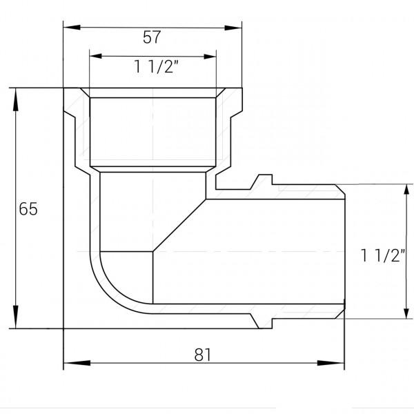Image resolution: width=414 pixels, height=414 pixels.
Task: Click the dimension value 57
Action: [152, 37]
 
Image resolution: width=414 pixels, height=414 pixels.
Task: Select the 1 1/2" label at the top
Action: [153, 66]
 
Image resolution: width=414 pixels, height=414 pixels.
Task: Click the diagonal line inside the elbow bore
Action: [178, 226]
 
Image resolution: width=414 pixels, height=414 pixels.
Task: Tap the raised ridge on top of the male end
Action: [261, 181]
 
